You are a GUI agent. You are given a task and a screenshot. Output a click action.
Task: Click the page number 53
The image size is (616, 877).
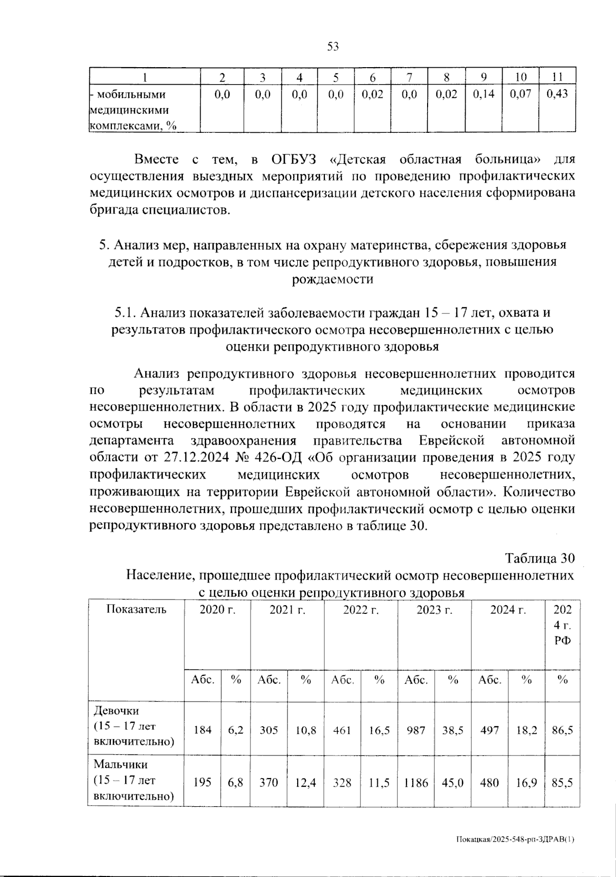tap(333, 47)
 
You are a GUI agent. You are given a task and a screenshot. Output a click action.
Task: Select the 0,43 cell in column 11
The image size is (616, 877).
tap(557, 94)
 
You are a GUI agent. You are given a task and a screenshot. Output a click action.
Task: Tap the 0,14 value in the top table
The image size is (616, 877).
tap(484, 94)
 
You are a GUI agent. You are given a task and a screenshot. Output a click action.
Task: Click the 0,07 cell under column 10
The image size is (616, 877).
tap(521, 94)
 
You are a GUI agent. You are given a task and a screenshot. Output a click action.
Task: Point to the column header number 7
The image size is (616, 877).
tap(410, 77)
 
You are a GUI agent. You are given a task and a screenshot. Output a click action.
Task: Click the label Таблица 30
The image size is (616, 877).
tap(540, 558)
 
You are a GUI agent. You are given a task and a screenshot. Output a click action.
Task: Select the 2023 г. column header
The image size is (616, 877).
tap(434, 610)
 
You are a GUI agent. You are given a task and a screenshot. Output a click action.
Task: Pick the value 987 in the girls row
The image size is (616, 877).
tap(416, 730)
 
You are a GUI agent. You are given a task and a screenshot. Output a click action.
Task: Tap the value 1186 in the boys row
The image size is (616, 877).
tap(416, 783)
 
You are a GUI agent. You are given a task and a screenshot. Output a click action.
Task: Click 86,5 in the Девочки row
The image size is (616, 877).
tap(563, 730)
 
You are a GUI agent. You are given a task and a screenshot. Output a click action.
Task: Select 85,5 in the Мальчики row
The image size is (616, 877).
tap(563, 783)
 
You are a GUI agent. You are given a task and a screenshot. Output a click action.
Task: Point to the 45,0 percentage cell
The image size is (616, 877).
tap(453, 783)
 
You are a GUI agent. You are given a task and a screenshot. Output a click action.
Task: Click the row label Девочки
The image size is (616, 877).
tap(116, 711)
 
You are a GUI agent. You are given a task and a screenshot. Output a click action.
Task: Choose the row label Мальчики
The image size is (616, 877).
tap(120, 764)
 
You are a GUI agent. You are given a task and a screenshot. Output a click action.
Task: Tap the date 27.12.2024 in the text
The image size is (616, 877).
tap(194, 458)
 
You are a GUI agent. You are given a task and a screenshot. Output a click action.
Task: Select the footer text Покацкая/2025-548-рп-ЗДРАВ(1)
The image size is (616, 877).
tap(515, 840)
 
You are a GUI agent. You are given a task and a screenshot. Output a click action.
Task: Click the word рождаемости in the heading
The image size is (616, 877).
tap(332, 280)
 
